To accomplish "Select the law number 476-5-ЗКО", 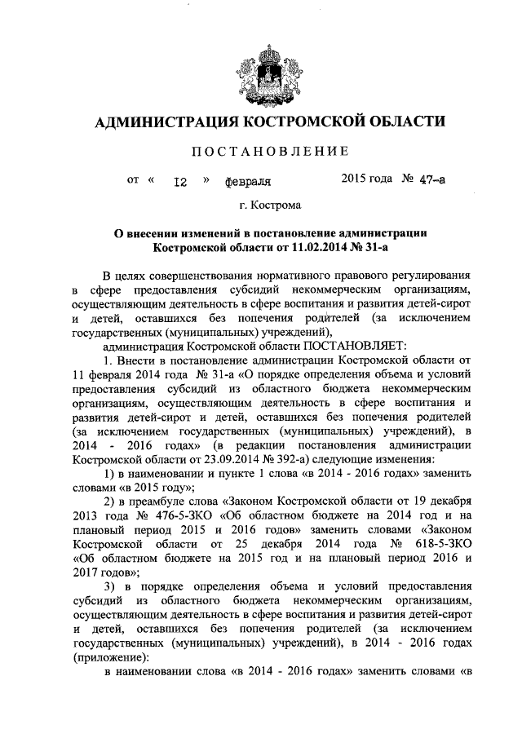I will pyautogui.click(x=163, y=515).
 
